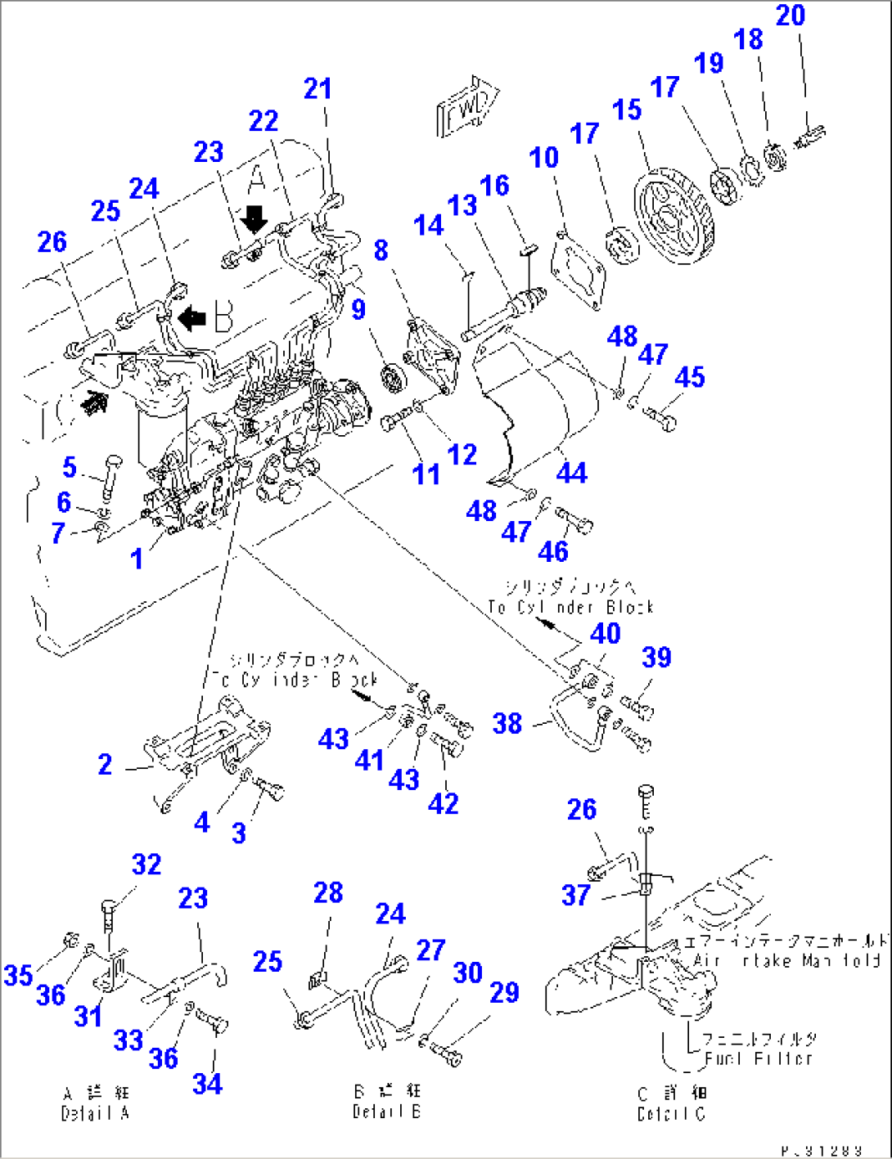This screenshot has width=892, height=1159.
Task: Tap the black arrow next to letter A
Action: click(x=255, y=219)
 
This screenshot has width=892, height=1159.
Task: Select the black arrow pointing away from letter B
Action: click(x=191, y=317)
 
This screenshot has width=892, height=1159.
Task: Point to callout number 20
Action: click(x=791, y=15)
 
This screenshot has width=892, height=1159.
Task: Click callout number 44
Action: click(x=571, y=472)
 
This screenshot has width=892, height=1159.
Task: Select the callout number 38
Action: click(x=507, y=723)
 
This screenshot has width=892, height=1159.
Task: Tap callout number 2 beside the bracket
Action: click(x=105, y=764)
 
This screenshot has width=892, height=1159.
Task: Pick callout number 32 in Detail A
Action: click(x=146, y=864)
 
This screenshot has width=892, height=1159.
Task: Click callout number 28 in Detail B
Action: click(x=328, y=892)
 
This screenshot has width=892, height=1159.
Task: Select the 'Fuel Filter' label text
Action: click(x=759, y=1058)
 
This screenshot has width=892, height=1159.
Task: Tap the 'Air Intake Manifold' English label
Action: click(x=786, y=960)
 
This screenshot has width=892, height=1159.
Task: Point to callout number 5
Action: click(x=70, y=467)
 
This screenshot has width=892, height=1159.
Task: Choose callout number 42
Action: click(x=443, y=803)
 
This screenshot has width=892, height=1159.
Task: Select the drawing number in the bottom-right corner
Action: click(x=821, y=1150)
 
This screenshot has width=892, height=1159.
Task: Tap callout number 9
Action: click(x=358, y=309)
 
